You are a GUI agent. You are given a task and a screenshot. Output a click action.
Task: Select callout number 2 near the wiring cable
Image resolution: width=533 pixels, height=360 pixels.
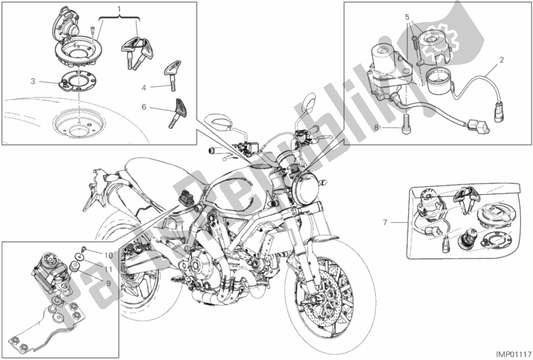(500, 66)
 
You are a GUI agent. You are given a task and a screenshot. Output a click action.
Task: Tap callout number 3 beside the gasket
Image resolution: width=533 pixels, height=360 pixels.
(32, 81)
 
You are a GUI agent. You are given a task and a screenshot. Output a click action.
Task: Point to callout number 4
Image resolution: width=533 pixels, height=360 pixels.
(143, 87)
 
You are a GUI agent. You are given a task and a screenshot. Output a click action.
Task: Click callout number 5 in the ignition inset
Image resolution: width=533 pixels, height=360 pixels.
(405, 16)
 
